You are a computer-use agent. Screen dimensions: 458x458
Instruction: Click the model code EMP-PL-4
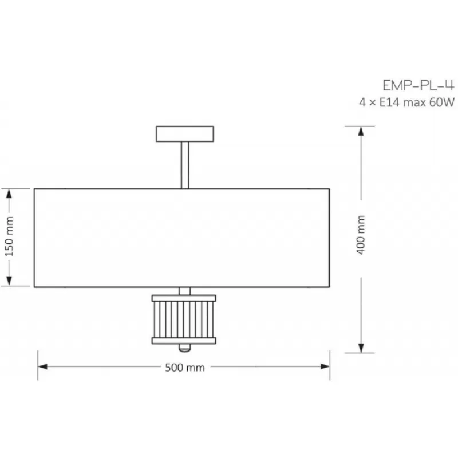(x=418, y=85)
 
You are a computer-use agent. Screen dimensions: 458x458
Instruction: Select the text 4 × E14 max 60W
(x=407, y=102)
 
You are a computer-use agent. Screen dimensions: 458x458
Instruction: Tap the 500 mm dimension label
(x=185, y=368)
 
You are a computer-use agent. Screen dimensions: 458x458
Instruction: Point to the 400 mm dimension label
(x=361, y=235)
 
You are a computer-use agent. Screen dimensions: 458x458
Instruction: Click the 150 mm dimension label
(x=9, y=237)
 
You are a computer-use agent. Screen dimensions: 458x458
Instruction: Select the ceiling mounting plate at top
(x=185, y=134)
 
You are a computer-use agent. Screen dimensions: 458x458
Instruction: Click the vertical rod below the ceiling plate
(x=185, y=165)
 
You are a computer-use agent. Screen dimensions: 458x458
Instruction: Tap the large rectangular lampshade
(x=182, y=238)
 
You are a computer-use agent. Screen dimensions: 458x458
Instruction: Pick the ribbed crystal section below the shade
(x=184, y=319)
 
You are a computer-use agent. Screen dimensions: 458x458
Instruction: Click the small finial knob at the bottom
(x=184, y=348)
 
